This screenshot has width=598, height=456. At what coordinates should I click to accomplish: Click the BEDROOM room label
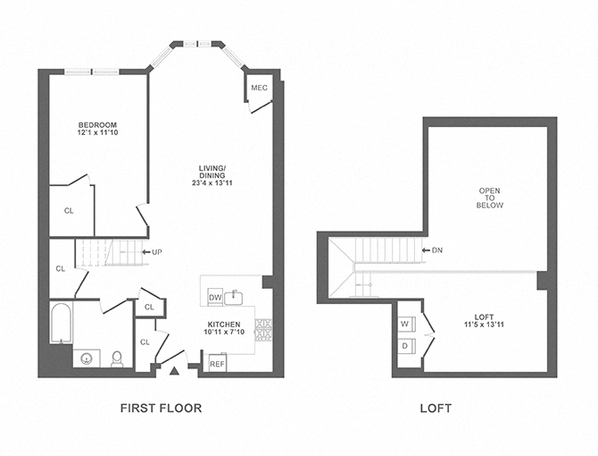[x=97, y=124]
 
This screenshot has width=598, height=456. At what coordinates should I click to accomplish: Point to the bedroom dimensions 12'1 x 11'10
[x=97, y=134]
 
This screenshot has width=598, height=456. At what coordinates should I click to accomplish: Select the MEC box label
[x=259, y=88]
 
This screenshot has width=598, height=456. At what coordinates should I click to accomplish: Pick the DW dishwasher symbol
[x=214, y=297]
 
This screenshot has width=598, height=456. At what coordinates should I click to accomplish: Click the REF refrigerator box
[x=217, y=364]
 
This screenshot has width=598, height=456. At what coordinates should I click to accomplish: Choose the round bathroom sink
[x=87, y=359]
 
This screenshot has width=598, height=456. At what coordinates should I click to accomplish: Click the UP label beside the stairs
[x=157, y=251]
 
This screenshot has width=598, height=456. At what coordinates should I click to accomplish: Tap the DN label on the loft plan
[x=436, y=249]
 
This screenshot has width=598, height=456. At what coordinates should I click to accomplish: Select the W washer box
[x=404, y=324]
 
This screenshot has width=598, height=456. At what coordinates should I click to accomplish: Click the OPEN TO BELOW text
[x=491, y=198]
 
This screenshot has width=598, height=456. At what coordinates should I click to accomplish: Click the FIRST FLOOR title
[x=161, y=409]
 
